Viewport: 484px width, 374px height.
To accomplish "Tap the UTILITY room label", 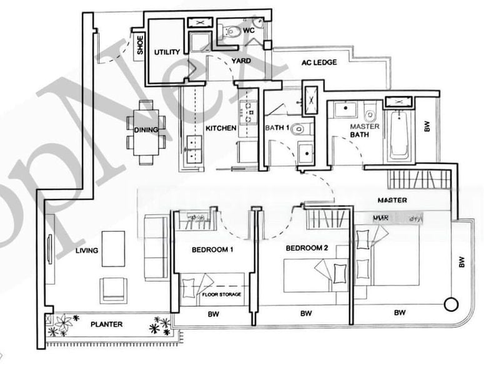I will [x=167, y=52].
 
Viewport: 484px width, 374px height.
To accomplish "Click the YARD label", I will [x=241, y=60].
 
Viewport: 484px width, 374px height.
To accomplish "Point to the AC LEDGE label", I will [x=319, y=62].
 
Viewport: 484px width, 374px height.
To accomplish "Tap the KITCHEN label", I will [x=221, y=128].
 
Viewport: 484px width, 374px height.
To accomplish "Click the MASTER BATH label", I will [x=363, y=130].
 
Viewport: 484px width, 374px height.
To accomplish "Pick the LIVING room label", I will [x=86, y=251].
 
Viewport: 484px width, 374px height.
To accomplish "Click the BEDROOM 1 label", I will [x=212, y=250].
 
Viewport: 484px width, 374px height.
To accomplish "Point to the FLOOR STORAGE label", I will [x=221, y=294].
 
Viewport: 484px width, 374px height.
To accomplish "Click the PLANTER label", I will [x=106, y=324].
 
